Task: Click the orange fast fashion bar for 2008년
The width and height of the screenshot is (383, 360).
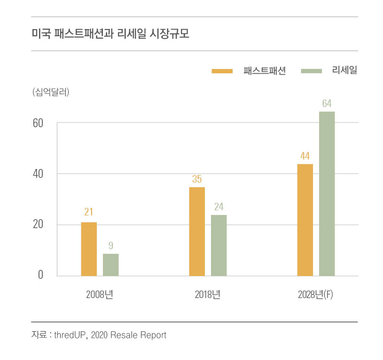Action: (89, 249)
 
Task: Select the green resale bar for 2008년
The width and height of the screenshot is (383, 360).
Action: (111, 264)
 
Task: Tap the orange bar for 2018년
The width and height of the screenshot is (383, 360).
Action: (197, 231)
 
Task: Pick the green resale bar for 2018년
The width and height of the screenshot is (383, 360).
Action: (219, 245)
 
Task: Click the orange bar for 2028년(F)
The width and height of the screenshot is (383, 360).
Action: (305, 220)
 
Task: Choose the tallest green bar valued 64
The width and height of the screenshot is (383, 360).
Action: (327, 193)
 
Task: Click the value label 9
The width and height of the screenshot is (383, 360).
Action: (111, 245)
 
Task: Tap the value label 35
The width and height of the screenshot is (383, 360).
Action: (197, 179)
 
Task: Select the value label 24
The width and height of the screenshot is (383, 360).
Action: (219, 207)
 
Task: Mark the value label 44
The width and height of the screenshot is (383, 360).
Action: (305, 155)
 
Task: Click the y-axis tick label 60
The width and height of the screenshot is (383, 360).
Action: (38, 123)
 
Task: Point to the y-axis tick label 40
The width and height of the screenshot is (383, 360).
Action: (38, 174)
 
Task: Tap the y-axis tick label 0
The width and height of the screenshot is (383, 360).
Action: (40, 275)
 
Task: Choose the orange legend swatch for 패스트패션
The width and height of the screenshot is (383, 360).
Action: (222, 71)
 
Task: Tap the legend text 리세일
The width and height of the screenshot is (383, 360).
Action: (344, 71)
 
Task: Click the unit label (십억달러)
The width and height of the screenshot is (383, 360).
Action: (51, 92)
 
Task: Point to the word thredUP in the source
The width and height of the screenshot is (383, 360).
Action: (70, 335)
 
